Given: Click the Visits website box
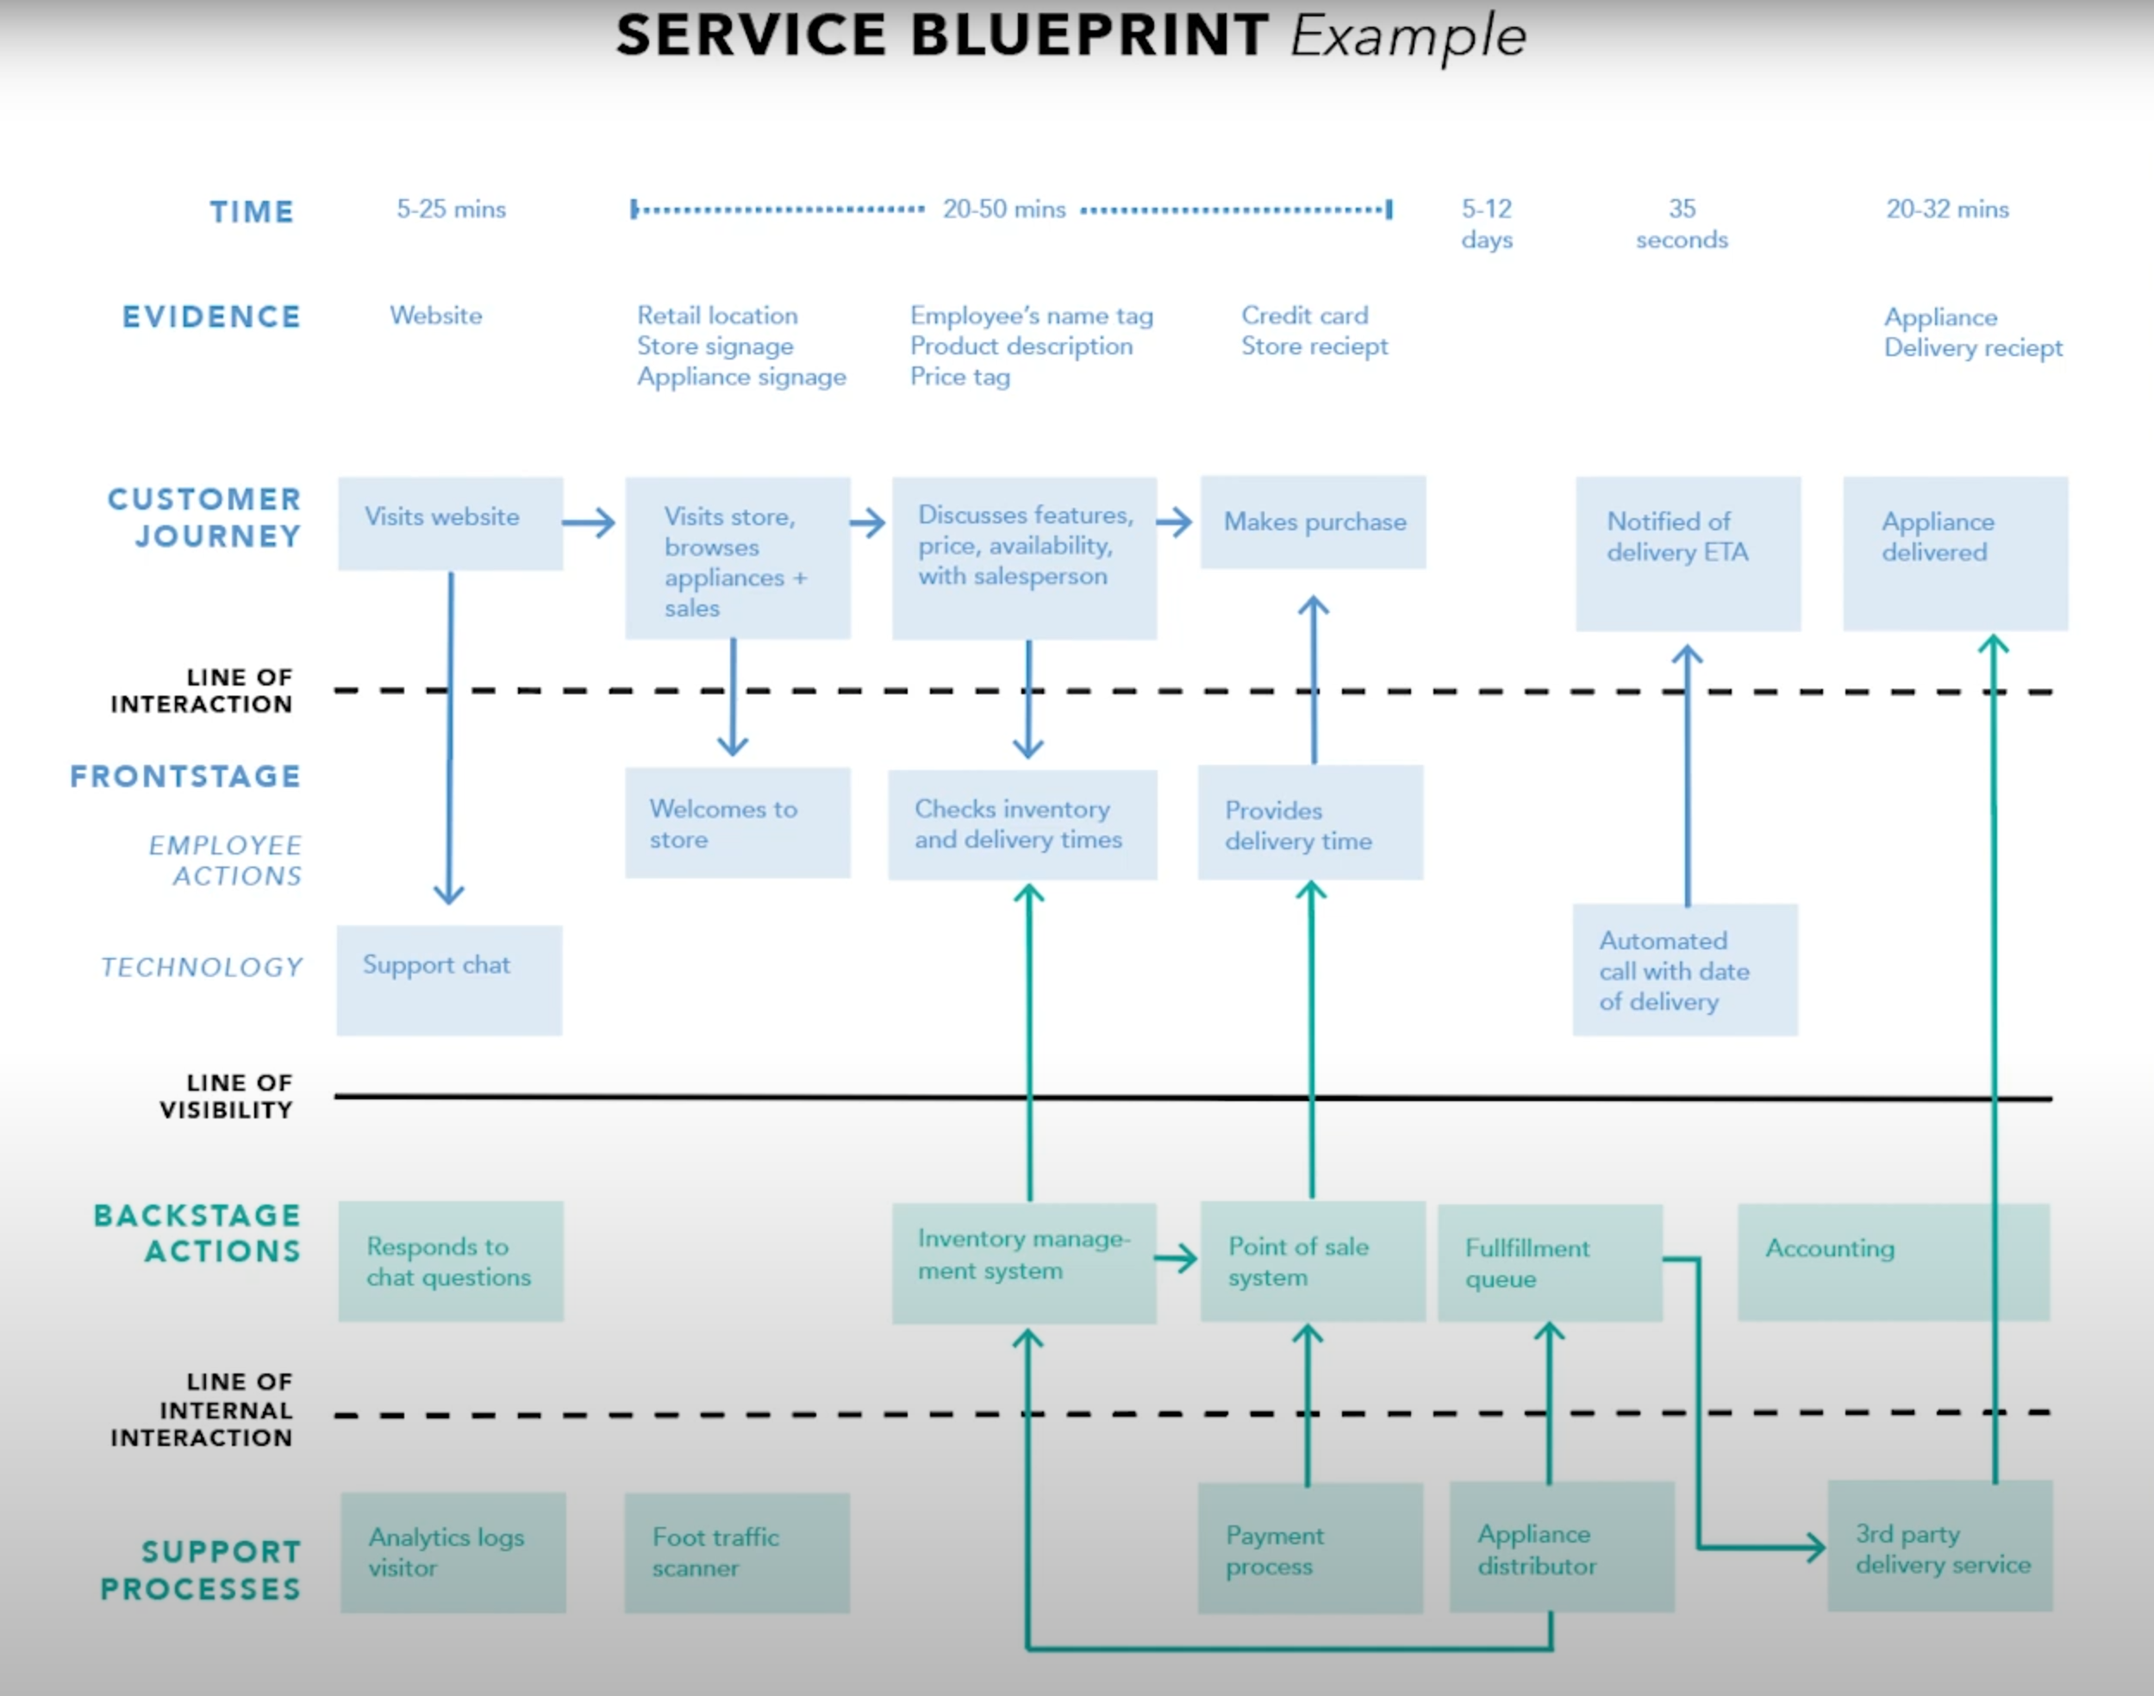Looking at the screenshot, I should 450,523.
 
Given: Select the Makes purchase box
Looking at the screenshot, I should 1312,523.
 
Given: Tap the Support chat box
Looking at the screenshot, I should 449,980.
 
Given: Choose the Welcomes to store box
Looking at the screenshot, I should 736,823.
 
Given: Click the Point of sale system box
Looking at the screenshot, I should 1312,1261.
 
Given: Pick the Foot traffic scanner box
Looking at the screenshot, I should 736,1552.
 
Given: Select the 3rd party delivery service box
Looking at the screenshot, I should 1939,1546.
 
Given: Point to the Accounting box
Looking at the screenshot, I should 1892,1261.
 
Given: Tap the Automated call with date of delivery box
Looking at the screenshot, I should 1684,970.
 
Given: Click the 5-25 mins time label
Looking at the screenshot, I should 451,210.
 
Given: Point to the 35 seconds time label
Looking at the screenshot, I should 1682,224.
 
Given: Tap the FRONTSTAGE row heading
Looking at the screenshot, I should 185,777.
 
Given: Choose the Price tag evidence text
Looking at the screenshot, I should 960,378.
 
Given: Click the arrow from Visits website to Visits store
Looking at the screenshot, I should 590,523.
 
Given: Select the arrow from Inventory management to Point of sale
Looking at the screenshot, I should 1177,1259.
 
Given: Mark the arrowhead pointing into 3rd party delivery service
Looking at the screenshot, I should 1814,1546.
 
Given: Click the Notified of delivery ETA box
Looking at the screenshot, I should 1688,553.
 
